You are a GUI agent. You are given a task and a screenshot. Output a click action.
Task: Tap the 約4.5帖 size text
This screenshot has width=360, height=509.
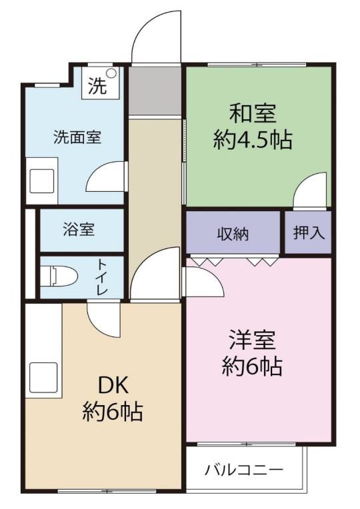point(253,141)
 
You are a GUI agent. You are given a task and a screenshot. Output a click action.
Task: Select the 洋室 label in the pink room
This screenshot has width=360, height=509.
point(252,339)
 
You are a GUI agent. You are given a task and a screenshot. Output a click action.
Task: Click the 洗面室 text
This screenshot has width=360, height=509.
point(77,137)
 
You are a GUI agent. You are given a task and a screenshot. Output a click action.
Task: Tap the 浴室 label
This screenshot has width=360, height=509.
point(79,230)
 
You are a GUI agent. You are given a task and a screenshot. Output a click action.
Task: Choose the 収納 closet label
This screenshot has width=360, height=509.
point(233,234)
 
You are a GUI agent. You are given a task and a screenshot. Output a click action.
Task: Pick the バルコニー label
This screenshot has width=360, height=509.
point(244,470)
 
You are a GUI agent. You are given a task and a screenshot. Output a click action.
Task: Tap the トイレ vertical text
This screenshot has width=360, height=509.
point(103,277)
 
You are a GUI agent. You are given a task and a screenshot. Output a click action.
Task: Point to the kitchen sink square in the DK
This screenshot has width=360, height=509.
point(41,376)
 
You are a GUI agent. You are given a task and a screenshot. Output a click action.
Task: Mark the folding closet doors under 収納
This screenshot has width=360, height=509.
point(233,261)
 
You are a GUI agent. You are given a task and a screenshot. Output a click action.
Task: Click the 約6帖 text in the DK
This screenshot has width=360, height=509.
point(113,412)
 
